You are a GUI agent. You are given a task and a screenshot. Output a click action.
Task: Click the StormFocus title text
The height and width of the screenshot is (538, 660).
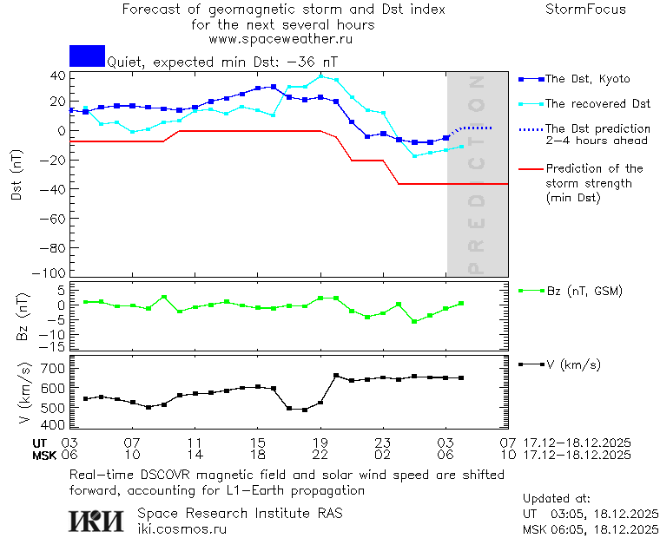point(585,10)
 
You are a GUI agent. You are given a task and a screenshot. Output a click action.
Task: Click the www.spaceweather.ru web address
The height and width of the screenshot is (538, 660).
point(280,39)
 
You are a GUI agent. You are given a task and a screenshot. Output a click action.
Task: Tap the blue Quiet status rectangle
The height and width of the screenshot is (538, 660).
point(87,56)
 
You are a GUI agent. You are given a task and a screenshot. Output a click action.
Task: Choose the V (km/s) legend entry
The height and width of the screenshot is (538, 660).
point(572,364)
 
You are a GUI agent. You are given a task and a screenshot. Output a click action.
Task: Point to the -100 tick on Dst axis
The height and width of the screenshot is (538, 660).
point(54,272)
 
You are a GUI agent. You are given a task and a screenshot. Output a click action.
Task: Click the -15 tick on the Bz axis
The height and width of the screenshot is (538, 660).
point(55,347)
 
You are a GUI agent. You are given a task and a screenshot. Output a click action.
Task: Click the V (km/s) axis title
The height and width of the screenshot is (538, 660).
point(24,394)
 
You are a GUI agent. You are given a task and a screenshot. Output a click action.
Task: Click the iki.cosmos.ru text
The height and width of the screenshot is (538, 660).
point(181,529)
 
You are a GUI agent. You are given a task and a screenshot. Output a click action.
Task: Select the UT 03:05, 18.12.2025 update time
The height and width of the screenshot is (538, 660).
point(591,514)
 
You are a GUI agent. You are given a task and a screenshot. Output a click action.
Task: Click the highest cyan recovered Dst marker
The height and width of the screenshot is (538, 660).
point(320,76)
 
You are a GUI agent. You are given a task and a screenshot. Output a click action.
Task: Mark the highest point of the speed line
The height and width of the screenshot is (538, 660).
point(336,376)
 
